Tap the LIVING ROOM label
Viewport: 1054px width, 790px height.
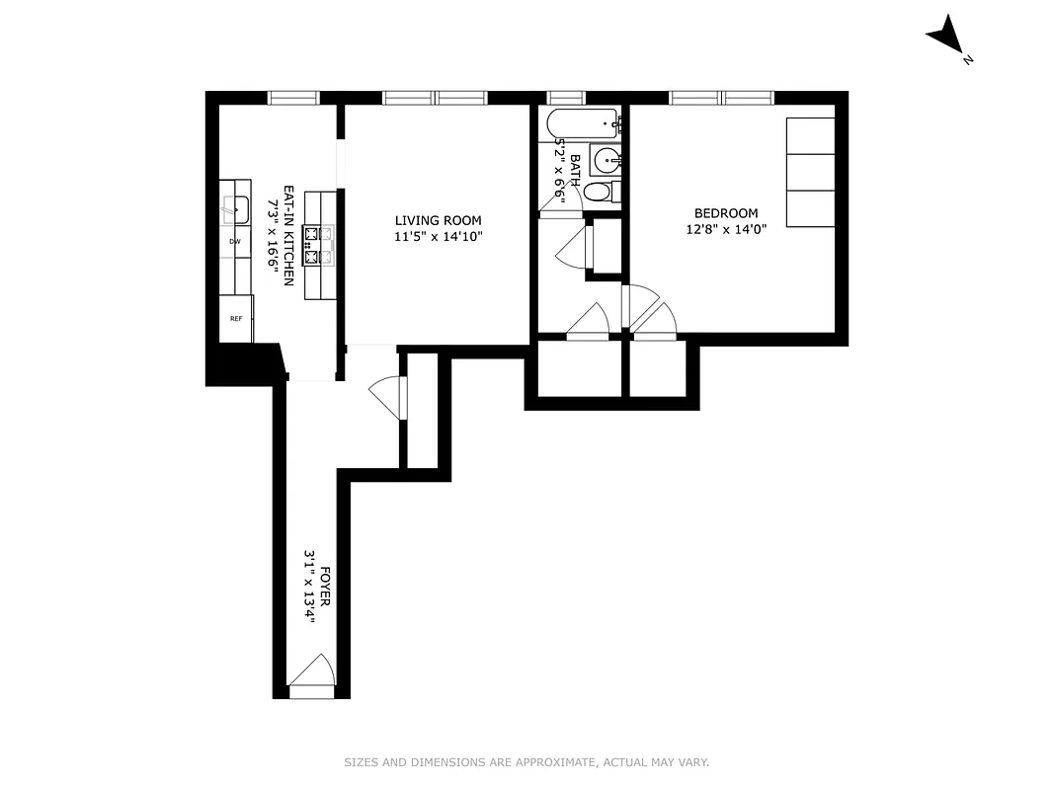pyautogui.click(x=438, y=220)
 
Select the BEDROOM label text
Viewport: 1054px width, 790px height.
pyautogui.click(x=726, y=213)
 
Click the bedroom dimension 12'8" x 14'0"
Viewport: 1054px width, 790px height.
pyautogui.click(x=726, y=229)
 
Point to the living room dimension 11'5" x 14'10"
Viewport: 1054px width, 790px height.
pyautogui.click(x=438, y=236)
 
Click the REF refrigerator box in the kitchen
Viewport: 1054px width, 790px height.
pyautogui.click(x=236, y=319)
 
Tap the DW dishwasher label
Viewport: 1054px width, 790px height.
pyautogui.click(x=235, y=241)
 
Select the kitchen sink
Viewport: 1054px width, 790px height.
pyautogui.click(x=235, y=208)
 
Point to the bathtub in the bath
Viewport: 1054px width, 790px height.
pyautogui.click(x=583, y=124)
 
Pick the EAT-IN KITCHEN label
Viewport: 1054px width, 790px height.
pyautogui.click(x=289, y=236)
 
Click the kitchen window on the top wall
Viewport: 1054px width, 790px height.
pyautogui.click(x=294, y=98)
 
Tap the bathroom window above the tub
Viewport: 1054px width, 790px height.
pyautogui.click(x=566, y=98)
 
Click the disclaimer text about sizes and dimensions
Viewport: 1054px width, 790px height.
pyautogui.click(x=527, y=762)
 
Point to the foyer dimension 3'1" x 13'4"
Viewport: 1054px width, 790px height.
pyautogui.click(x=309, y=593)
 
